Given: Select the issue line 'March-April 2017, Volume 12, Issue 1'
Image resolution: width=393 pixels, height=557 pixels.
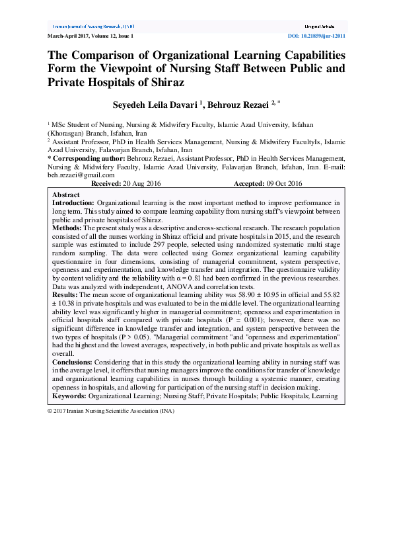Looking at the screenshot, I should click(90, 36).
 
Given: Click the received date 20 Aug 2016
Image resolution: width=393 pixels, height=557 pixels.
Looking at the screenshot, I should click(143, 183).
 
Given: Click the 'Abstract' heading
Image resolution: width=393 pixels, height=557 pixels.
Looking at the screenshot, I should click(66, 195).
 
